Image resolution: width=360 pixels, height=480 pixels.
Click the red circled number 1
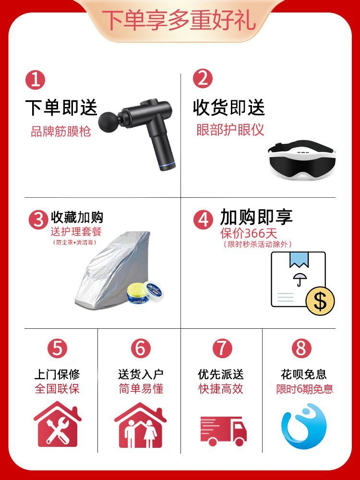click(x=35, y=80)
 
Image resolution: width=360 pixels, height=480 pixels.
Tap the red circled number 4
click(x=203, y=219)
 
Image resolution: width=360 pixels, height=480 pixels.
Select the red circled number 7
click(x=222, y=348)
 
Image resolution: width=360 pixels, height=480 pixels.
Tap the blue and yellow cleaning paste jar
click(x=144, y=293)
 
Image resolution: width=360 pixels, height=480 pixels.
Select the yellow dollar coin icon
click(x=320, y=301)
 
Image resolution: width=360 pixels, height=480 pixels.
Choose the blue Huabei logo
click(x=304, y=426)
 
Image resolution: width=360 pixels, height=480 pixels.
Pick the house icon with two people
click(x=141, y=425)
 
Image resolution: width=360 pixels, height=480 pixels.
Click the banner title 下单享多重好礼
click(x=179, y=21)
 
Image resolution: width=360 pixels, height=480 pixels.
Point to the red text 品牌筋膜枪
click(x=61, y=132)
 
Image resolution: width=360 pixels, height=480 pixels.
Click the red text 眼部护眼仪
click(x=230, y=130)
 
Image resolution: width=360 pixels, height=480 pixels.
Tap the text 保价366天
click(x=249, y=234)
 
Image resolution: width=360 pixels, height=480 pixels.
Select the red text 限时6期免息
click(x=305, y=389)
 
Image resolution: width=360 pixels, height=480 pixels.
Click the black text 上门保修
click(x=57, y=374)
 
